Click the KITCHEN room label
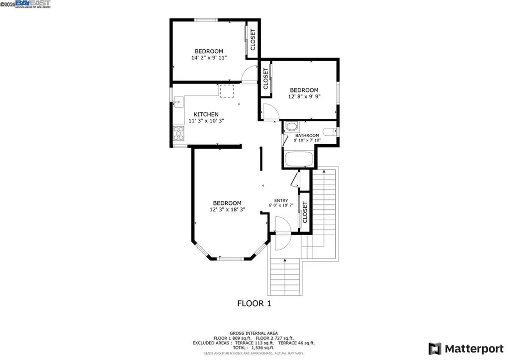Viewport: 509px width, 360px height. [x=206, y=114]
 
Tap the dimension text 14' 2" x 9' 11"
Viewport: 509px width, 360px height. [x=209, y=58]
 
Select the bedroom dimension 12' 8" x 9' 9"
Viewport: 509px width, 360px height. [x=304, y=96]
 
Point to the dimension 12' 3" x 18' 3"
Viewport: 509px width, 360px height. [x=227, y=210]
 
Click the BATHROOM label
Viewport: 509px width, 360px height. [x=307, y=135]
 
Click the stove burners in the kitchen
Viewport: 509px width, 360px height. [x=178, y=133]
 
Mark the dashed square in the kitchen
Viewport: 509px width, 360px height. [x=227, y=91]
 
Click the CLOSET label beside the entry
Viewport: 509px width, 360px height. [x=305, y=212]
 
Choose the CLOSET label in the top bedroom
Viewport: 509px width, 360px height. [x=253, y=40]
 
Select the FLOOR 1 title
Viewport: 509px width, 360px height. [x=254, y=303]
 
